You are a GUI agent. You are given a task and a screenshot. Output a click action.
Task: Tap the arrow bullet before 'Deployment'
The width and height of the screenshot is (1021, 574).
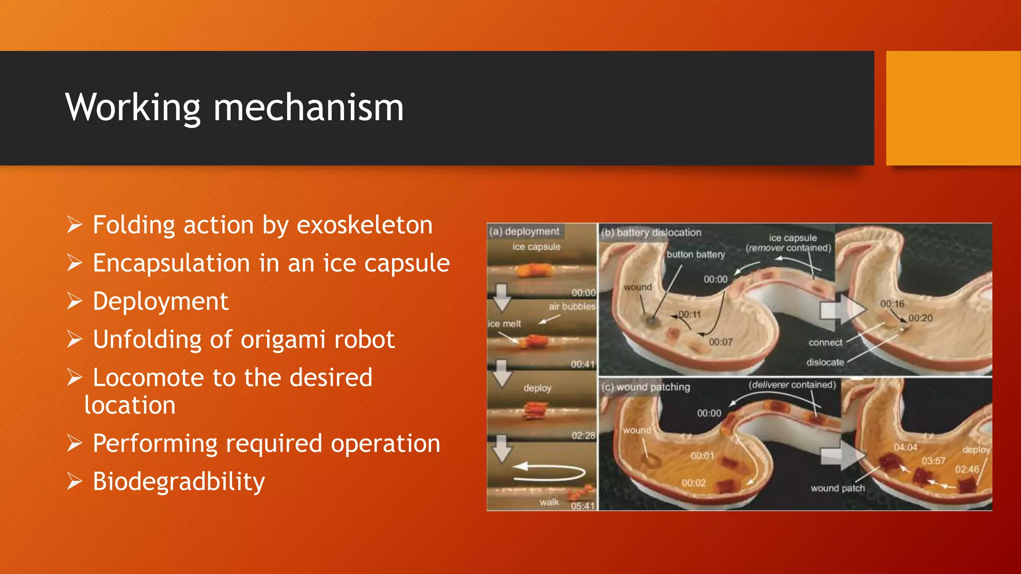[75, 301]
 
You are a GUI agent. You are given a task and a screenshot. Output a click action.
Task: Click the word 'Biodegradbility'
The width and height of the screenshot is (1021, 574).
[178, 482]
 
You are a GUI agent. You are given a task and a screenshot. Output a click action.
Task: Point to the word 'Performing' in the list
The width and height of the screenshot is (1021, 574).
[155, 443]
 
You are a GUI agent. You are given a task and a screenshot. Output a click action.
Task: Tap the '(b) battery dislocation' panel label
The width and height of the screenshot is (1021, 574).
[651, 233]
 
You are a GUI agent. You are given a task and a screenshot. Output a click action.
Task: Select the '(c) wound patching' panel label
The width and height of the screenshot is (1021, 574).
[646, 387]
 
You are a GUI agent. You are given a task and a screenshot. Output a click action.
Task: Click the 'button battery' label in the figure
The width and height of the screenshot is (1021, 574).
[695, 255]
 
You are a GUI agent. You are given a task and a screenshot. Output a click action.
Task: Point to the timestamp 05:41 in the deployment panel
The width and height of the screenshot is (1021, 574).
[582, 506]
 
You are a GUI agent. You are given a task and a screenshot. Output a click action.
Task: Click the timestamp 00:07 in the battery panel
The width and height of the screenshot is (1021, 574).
[720, 342]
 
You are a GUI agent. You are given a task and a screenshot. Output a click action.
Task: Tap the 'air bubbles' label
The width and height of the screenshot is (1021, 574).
[572, 306]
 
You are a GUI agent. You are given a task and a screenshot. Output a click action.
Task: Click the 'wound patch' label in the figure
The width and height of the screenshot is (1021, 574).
[838, 488]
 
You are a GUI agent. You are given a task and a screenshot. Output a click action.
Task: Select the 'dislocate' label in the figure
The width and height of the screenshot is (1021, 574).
[825, 362]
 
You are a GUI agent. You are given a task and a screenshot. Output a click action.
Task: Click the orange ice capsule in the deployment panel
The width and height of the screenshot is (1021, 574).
[534, 270]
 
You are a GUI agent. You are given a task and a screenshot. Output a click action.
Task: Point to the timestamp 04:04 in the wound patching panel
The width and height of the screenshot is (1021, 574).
[905, 447]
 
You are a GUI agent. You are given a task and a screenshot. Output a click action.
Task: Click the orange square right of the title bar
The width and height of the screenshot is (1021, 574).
[953, 108]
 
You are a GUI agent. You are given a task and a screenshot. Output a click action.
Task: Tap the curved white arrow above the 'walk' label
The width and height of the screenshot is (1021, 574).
[548, 471]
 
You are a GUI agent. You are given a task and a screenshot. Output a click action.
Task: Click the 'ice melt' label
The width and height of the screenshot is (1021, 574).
[504, 324]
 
